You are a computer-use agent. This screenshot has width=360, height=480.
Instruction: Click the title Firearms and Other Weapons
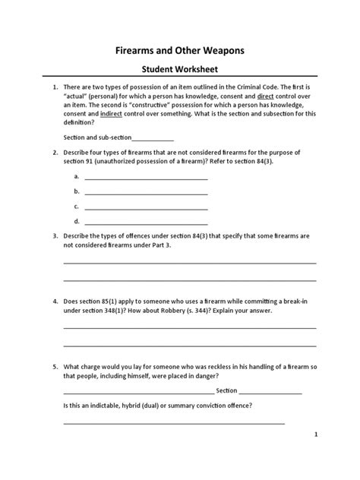point(179,50)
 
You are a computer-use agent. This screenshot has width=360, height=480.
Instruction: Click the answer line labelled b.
point(146,191)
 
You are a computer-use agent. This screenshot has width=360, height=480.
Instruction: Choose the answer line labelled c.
point(146,207)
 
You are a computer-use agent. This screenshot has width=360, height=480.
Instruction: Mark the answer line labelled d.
point(146,222)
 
